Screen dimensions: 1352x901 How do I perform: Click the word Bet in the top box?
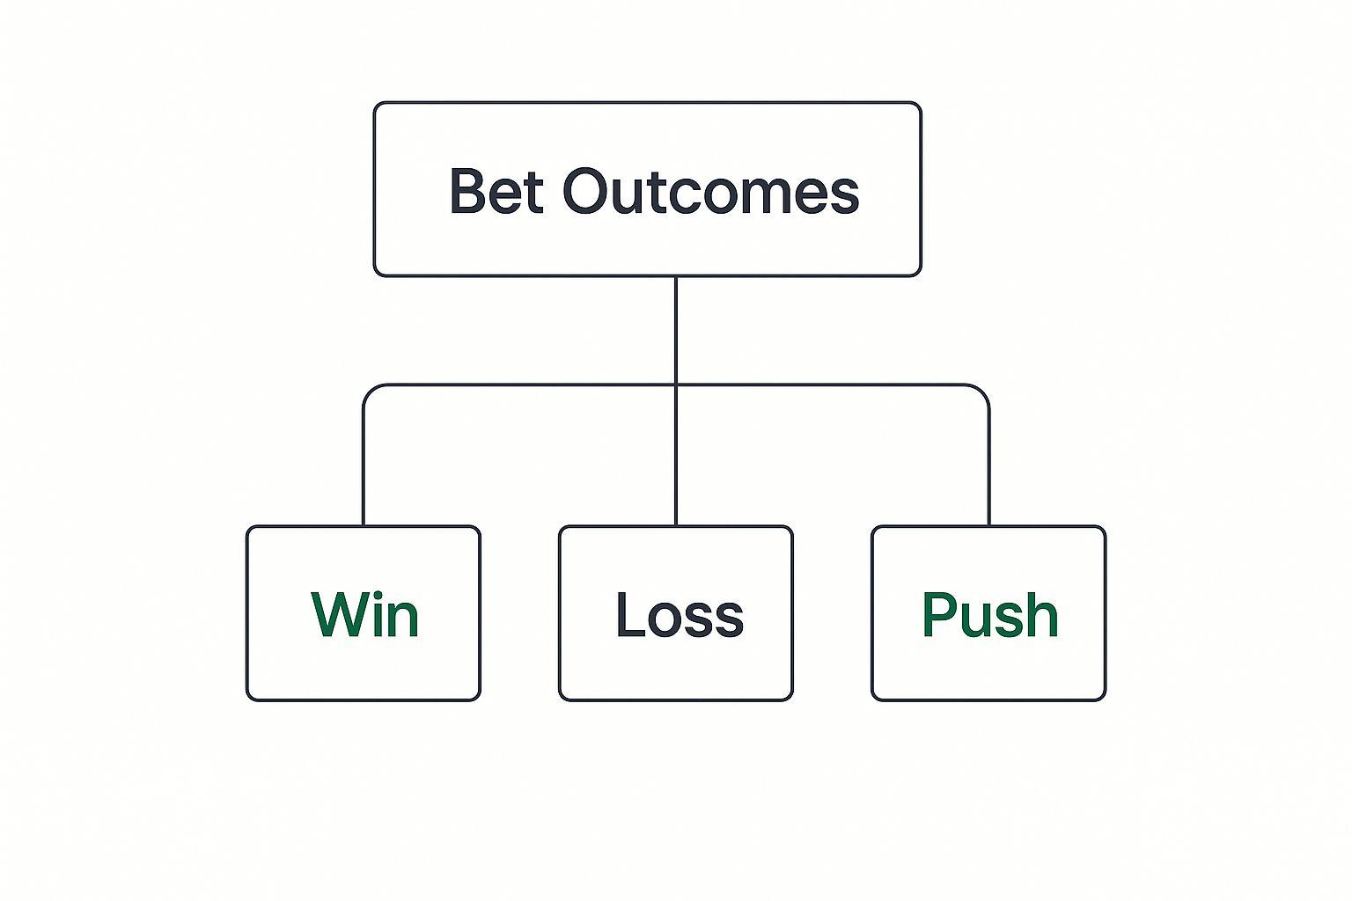click(496, 191)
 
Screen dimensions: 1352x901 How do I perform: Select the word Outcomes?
click(711, 191)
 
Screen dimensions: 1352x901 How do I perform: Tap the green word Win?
click(365, 614)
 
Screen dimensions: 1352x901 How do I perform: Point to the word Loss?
click(679, 614)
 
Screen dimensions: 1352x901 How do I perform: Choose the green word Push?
click(990, 614)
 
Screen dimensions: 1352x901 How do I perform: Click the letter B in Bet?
click(468, 191)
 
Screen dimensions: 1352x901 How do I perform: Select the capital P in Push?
click(939, 614)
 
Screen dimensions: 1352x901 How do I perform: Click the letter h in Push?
click(1042, 613)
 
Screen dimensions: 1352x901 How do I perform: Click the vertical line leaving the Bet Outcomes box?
click(676, 330)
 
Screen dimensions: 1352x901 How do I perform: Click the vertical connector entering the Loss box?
click(676, 456)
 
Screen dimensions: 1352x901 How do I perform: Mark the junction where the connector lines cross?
click(676, 385)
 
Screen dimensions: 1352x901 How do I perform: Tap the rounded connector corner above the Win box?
click(370, 391)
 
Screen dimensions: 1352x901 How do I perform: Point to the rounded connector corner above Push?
click(982, 391)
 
